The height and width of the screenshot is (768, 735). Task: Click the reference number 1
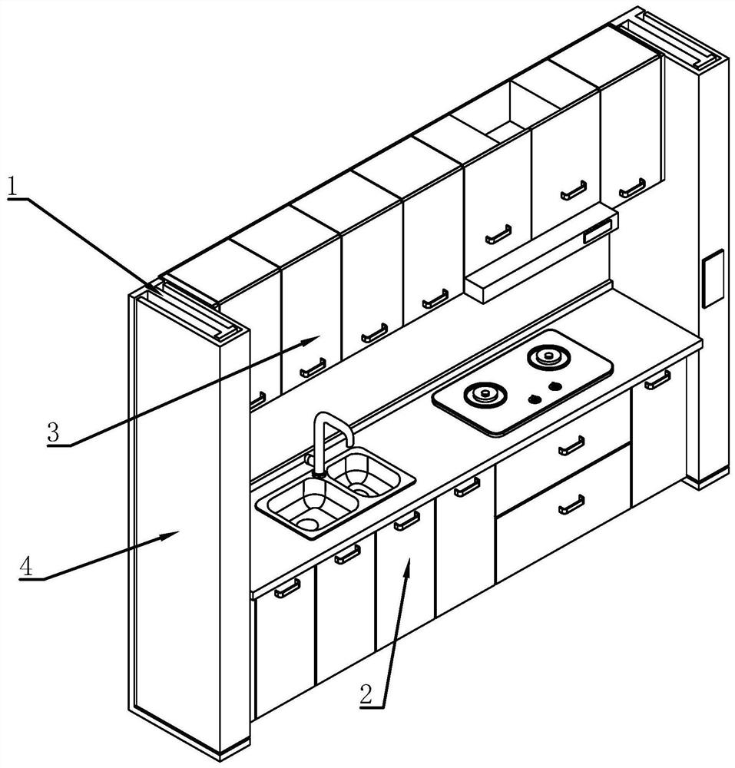point(12,187)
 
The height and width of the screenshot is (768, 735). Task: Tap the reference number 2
point(366,695)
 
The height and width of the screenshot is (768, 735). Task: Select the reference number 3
point(53,432)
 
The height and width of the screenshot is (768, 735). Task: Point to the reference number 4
point(26,567)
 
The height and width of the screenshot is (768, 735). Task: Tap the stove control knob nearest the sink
point(535,399)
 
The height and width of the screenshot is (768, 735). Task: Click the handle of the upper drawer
point(572,445)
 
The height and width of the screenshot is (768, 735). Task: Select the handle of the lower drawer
point(572,505)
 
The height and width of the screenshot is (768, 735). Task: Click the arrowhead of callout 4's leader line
point(171,535)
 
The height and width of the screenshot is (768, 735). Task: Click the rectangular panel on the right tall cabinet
point(713,278)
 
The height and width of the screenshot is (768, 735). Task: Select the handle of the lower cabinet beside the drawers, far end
point(657,380)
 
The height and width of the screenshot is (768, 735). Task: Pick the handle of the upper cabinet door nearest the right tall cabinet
point(632,188)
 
